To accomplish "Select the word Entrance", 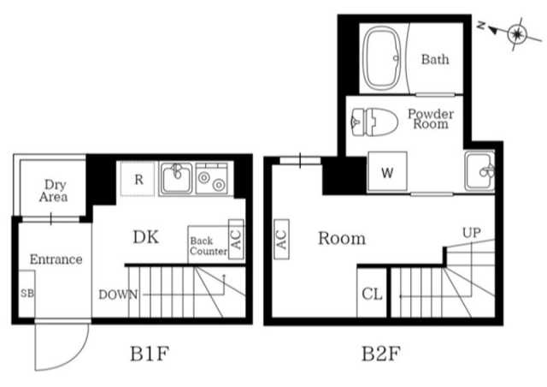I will point(56,259).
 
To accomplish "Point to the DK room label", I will point(145,237).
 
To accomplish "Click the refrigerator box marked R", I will point(138,180).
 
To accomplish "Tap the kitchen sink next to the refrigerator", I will point(176,179).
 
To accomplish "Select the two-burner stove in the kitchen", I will point(209,180).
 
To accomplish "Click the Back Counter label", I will point(208,246).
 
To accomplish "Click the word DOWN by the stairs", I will point(118,295).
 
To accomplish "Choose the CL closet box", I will point(371,295).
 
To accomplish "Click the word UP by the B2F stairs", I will point(471,232).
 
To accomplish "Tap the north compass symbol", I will point(515,33).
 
